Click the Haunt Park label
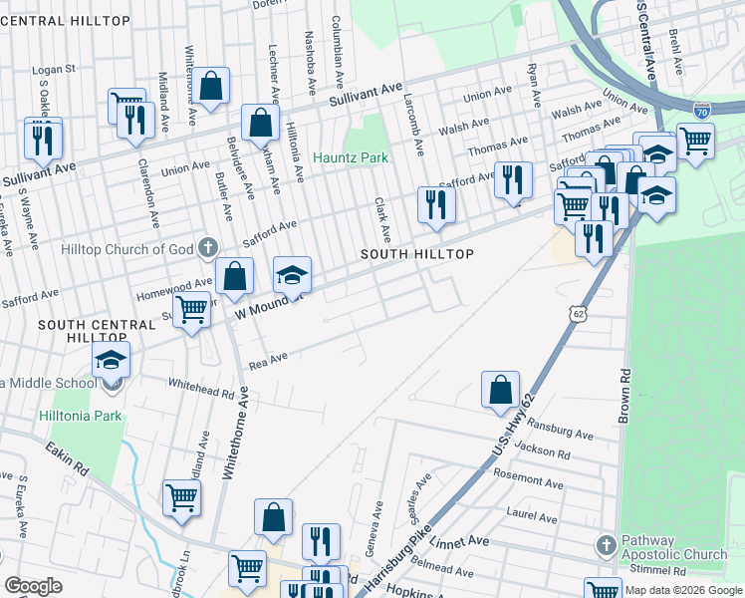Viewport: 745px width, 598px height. (350, 157)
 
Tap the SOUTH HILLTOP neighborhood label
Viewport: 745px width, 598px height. (415, 255)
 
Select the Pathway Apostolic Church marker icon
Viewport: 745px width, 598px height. (606, 545)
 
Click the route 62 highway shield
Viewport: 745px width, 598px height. (579, 314)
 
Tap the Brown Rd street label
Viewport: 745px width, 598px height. (623, 397)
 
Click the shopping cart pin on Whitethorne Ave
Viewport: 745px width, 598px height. (181, 497)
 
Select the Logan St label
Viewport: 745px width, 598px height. (54, 70)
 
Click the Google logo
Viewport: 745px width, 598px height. (33, 586)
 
